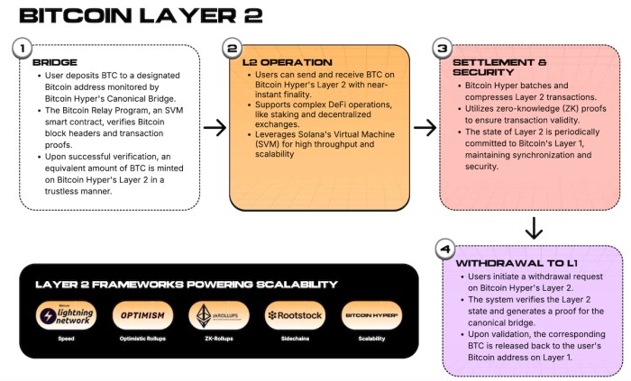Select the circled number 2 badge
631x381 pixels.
(x=233, y=47)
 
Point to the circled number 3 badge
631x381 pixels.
(x=441, y=47)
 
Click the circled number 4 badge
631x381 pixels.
(x=441, y=247)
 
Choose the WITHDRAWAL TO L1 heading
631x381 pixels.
(x=505, y=262)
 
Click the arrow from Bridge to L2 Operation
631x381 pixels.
(x=215, y=128)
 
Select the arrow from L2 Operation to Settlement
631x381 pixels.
(x=425, y=128)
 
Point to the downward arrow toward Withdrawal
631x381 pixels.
(x=534, y=228)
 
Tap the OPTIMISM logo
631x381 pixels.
(x=141, y=316)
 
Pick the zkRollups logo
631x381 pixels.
(x=218, y=316)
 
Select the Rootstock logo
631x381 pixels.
(x=294, y=316)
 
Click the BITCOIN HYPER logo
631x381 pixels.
(x=371, y=316)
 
